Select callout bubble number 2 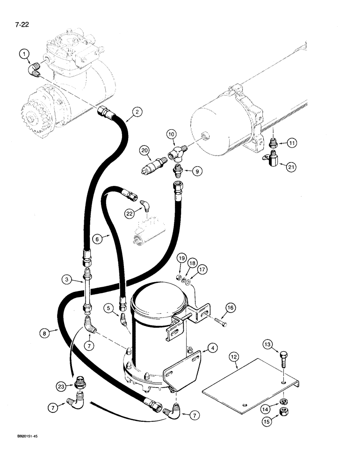137,112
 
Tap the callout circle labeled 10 171,135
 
